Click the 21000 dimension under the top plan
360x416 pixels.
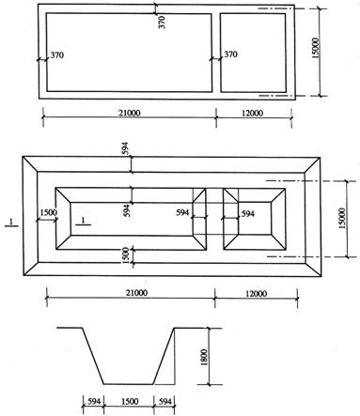click(130, 113)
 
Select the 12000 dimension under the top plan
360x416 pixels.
click(253, 113)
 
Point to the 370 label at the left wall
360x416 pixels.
click(57, 55)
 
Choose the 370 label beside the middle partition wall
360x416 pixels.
click(230, 54)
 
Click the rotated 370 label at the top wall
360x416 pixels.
click(162, 23)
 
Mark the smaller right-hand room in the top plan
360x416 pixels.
click(253, 53)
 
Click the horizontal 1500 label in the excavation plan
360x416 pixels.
click(49, 212)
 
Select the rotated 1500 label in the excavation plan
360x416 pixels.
click(125, 255)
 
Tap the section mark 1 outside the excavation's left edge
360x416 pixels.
click(11, 223)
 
